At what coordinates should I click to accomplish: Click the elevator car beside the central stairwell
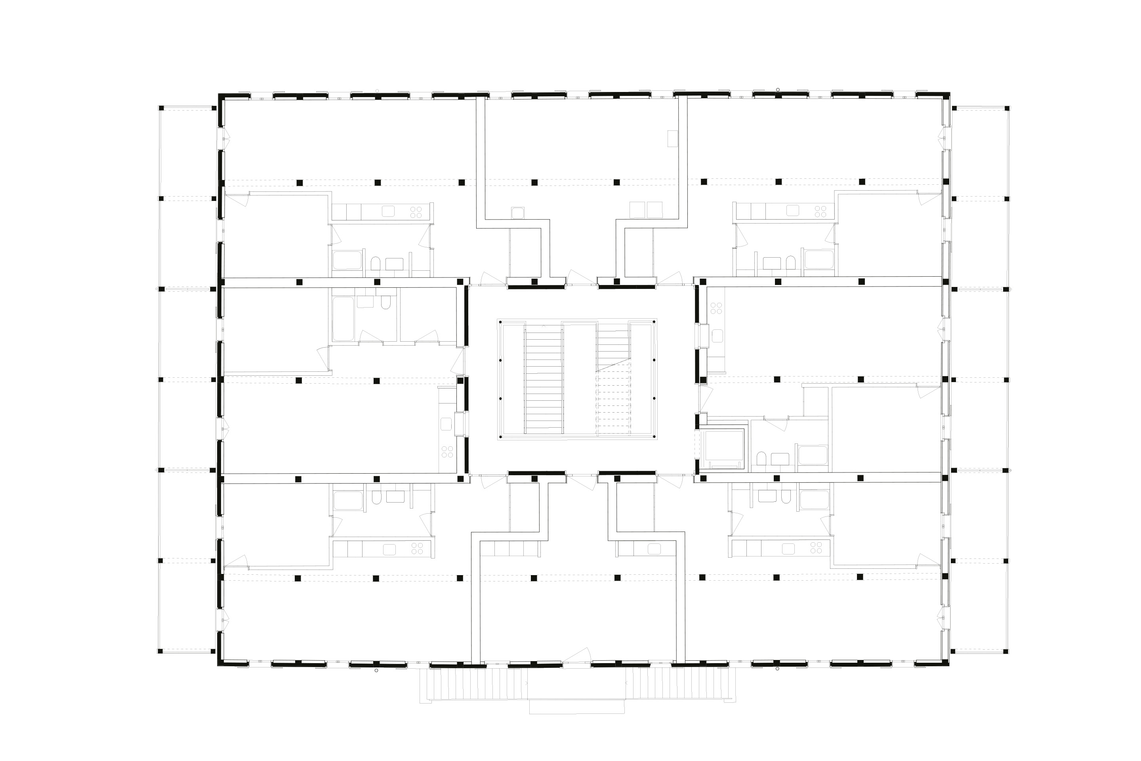[722, 447]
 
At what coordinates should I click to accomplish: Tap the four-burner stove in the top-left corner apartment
[416, 212]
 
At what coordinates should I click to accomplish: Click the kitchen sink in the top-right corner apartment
[792, 210]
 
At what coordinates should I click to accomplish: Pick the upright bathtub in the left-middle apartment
[343, 319]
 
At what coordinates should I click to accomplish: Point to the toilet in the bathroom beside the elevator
[761, 459]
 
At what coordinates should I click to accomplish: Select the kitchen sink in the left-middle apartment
[446, 424]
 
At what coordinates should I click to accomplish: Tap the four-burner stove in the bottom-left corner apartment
[417, 549]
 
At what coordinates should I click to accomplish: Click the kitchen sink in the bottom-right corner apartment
[788, 549]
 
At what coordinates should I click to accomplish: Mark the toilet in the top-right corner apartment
[791, 262]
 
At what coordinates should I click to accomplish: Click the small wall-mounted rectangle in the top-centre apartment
[672, 138]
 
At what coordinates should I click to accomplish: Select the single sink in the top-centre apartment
[518, 212]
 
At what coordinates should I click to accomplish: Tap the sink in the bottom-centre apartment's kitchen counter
[654, 549]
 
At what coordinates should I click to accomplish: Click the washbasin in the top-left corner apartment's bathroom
[395, 264]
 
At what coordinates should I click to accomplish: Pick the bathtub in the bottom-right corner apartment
[813, 500]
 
